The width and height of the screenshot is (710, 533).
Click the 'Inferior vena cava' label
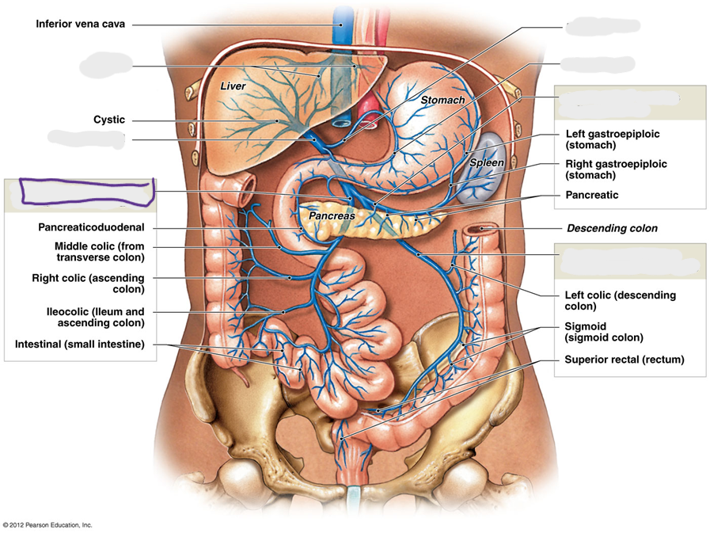(80, 24)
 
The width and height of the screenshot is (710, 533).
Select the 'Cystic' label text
(109, 120)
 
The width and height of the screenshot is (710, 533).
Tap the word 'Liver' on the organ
(233, 86)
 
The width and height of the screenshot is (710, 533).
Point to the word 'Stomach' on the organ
(442, 100)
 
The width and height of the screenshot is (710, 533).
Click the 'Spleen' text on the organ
(487, 162)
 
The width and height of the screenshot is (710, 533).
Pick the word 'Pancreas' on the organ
(332, 215)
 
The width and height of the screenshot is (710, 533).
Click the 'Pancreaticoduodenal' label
(92, 227)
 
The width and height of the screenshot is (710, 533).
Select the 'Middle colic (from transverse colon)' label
(100, 252)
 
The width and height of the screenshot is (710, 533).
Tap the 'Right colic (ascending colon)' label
(89, 284)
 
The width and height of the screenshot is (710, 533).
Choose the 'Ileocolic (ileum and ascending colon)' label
(96, 318)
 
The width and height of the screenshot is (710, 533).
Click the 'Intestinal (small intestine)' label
(80, 345)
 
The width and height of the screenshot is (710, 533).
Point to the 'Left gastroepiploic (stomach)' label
(612, 139)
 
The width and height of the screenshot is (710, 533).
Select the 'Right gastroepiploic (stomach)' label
(616, 169)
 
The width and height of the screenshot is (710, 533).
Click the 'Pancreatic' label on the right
(592, 196)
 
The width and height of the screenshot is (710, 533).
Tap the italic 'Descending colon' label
(612, 228)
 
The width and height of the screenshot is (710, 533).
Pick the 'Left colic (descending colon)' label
(620, 301)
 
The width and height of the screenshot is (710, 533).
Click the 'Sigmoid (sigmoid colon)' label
(604, 332)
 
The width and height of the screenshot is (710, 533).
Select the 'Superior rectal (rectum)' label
(624, 360)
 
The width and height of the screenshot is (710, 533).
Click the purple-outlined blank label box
(86, 192)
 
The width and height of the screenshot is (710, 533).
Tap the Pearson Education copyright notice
(47, 525)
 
